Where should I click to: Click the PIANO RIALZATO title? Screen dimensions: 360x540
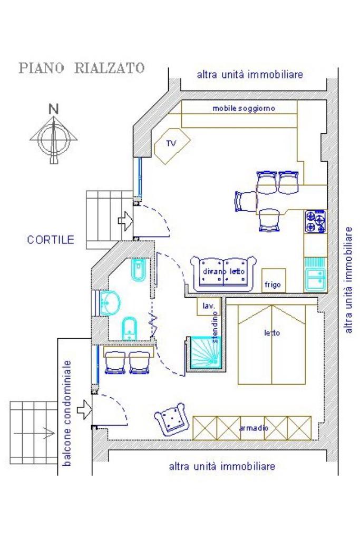81,68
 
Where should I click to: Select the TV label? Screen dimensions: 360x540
171,143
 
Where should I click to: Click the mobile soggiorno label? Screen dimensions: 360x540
244,109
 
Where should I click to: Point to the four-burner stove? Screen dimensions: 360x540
315,221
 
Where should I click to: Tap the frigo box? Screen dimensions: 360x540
274,280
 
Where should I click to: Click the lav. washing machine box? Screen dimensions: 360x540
208,306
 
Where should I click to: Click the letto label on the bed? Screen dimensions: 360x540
272,333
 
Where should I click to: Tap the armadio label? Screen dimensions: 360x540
254,428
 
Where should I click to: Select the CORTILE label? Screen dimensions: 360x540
51,240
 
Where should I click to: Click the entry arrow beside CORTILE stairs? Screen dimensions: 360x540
125,221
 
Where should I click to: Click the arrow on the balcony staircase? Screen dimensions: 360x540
48,432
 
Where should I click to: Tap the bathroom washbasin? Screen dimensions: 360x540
109,303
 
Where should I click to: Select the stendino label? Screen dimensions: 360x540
215,327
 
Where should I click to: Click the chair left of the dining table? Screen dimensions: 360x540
246,201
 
